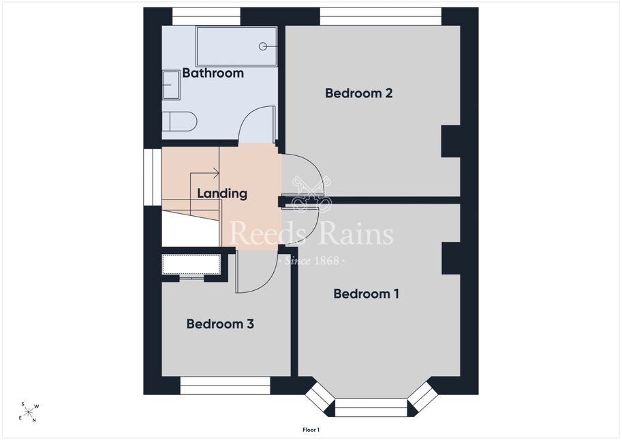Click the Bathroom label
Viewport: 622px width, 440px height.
[x=213, y=73]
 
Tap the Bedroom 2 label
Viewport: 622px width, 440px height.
[x=358, y=93]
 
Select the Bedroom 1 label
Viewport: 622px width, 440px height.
[x=366, y=294]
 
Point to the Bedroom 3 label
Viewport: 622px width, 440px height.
[x=220, y=324]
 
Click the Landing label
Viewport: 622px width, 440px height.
[x=222, y=193]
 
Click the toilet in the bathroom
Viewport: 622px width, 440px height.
[x=179, y=121]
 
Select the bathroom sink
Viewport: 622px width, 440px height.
[x=172, y=85]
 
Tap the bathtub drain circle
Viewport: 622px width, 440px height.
[x=262, y=46]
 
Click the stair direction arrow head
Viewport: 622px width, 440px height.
[x=216, y=173]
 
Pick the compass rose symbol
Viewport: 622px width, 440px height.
[x=28, y=412]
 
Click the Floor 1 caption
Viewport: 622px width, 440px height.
[x=311, y=430]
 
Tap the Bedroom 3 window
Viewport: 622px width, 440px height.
[x=226, y=386]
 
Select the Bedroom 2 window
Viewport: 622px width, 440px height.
[x=381, y=16]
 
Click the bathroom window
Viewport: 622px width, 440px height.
[x=206, y=16]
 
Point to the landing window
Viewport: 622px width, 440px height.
[x=153, y=177]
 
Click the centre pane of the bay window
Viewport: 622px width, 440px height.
[x=371, y=407]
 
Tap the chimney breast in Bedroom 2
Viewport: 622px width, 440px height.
[x=451, y=141]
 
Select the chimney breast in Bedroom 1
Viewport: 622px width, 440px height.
[x=451, y=258]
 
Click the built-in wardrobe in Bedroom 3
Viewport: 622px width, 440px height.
[x=191, y=264]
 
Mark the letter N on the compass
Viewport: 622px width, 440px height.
[x=34, y=420]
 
